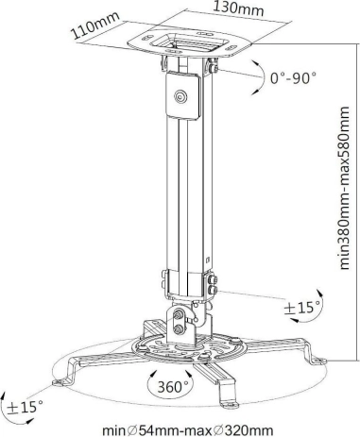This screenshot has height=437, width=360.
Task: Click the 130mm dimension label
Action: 238,8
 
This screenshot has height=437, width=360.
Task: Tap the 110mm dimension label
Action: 96,25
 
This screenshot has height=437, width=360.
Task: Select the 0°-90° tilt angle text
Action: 293,77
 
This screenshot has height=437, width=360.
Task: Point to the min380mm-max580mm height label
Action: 345,188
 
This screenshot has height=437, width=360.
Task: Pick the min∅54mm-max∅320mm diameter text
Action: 187,430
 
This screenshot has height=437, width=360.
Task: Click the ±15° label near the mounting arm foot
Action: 25,408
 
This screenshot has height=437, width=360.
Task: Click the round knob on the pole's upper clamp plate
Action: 180,96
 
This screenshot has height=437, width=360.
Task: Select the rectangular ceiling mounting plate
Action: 190,43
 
